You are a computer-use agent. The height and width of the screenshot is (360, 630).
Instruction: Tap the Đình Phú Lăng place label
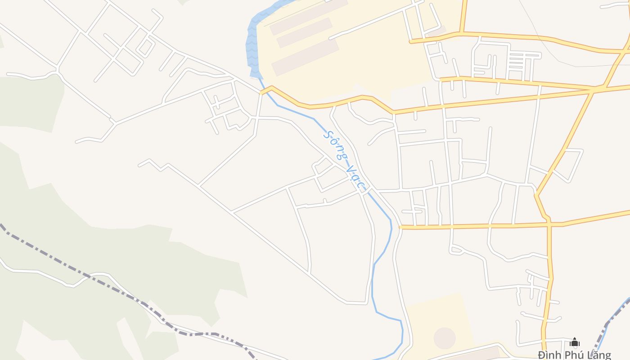[x=575, y=355]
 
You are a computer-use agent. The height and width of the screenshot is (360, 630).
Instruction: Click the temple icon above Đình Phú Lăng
[x=575, y=342]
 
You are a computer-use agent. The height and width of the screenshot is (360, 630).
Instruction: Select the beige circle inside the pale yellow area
[x=445, y=338]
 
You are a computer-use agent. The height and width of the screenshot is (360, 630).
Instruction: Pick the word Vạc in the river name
[x=355, y=177]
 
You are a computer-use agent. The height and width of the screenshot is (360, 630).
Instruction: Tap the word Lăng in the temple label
[x=599, y=355]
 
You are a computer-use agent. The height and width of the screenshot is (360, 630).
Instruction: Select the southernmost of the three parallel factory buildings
[x=305, y=57]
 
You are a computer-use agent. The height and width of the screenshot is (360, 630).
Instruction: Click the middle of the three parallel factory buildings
[x=304, y=32]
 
